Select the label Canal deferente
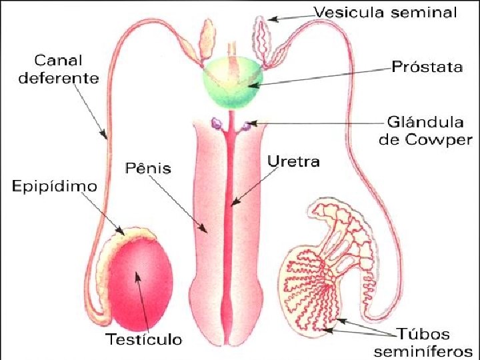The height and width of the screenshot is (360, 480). click(59, 70)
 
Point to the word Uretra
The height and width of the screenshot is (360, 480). click(293, 161)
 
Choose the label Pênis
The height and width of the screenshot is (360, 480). click(147, 168)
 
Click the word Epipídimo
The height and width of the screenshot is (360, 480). click(55, 185)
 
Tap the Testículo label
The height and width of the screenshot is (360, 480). click(144, 339)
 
